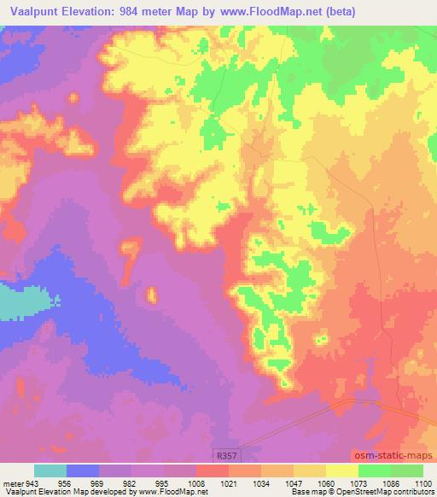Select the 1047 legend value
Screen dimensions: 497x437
pos(292,482)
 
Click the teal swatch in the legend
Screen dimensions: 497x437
pos(50,471)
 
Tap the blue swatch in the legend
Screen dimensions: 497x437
pos(83,471)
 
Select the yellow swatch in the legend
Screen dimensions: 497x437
pos(342,471)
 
